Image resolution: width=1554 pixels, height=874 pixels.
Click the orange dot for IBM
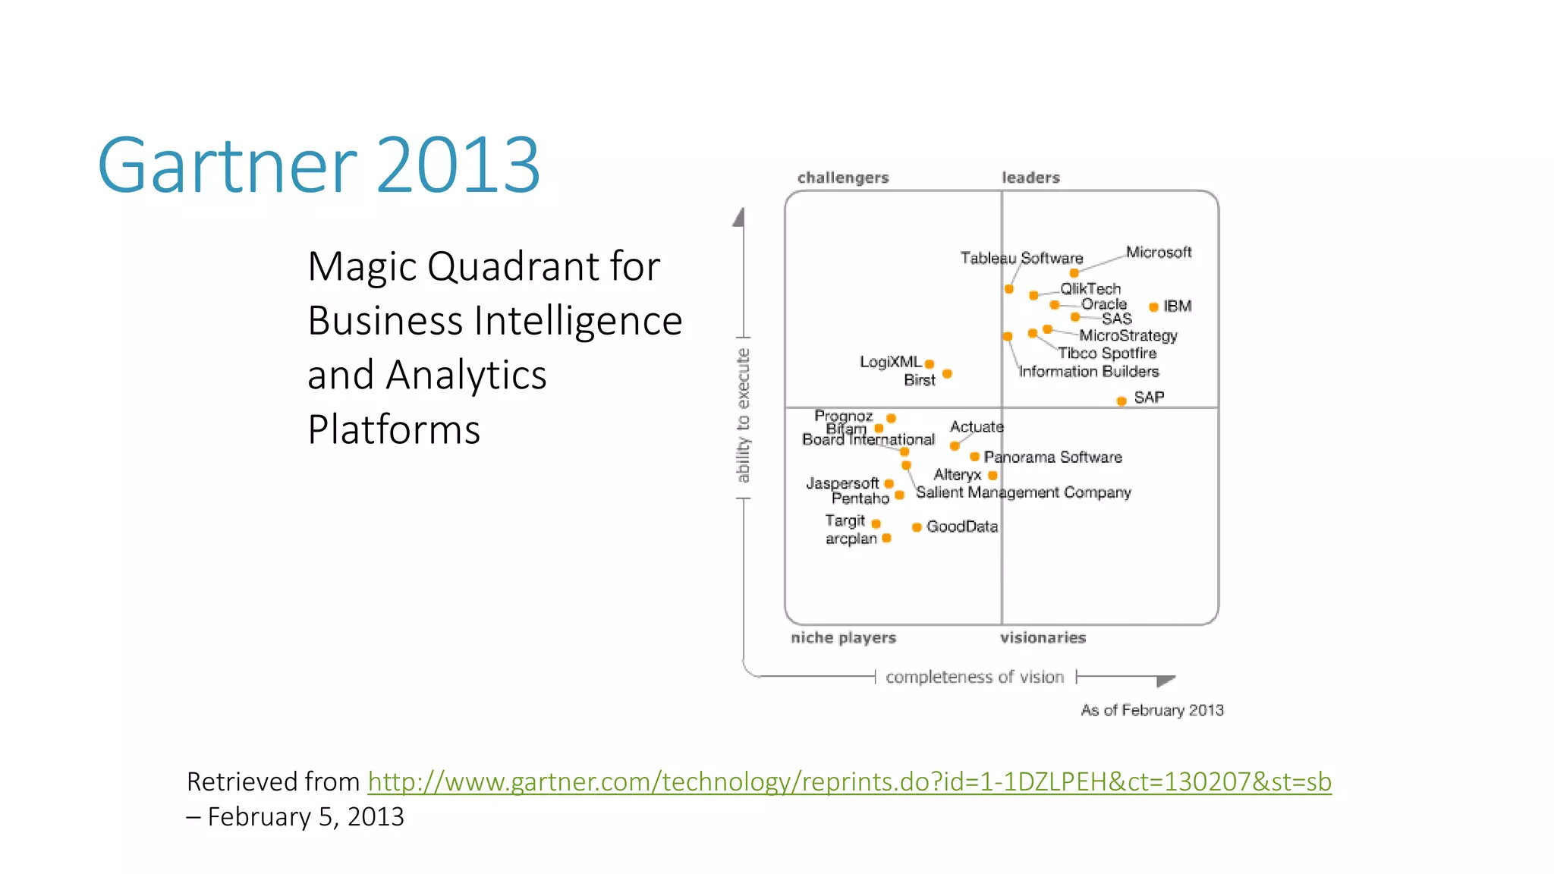click(1153, 307)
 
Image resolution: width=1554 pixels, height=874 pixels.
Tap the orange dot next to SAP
click(1121, 401)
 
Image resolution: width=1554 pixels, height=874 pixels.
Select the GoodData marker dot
click(917, 527)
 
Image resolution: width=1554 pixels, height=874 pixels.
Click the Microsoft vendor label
click(1158, 252)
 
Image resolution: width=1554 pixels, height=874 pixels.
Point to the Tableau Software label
click(1021, 258)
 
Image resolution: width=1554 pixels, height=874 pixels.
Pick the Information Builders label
click(1088, 371)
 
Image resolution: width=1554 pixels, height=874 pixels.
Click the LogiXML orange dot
click(930, 364)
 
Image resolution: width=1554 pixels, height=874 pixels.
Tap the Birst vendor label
click(919, 380)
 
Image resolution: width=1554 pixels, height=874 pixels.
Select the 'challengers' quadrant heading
click(842, 178)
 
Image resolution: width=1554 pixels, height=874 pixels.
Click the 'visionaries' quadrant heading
click(1043, 637)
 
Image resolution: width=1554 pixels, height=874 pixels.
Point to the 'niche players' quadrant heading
click(843, 637)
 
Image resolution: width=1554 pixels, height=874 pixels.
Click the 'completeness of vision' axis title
click(974, 677)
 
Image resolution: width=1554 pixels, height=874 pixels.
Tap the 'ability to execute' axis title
click(743, 415)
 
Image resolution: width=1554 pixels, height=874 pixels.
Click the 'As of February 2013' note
click(1152, 710)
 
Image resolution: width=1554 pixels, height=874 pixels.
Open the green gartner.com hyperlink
click(849, 781)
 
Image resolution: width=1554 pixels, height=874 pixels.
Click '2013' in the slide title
click(458, 165)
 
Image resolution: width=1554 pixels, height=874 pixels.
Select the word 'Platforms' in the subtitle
click(394, 429)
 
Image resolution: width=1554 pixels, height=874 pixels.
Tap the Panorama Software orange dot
click(974, 457)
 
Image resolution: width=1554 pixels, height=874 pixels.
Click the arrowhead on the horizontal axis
click(1165, 681)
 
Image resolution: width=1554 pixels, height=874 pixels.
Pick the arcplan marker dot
click(886, 538)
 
